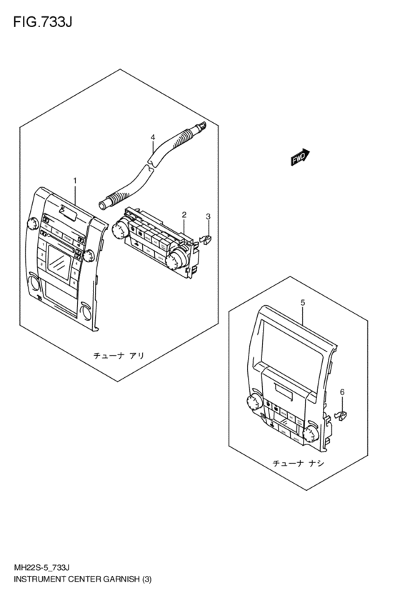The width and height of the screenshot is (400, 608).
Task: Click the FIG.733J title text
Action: (43, 22)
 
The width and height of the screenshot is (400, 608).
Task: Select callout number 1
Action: (75, 181)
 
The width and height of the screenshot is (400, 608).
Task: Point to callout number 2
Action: (184, 215)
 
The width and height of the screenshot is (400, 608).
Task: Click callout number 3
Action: (208, 216)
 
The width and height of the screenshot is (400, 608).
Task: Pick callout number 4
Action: (153, 137)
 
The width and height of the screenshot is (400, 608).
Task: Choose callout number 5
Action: (303, 303)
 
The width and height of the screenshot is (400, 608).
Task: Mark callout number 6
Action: (342, 392)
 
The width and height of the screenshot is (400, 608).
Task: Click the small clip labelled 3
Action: (205, 240)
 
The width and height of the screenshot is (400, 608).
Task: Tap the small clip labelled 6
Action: (340, 416)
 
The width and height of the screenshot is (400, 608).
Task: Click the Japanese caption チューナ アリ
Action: (119, 355)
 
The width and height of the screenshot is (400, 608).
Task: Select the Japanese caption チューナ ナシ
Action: (298, 463)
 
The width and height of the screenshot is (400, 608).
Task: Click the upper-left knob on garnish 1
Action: (32, 224)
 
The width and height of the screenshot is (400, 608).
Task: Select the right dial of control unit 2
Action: (175, 259)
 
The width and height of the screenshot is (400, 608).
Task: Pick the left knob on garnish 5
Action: (254, 402)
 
